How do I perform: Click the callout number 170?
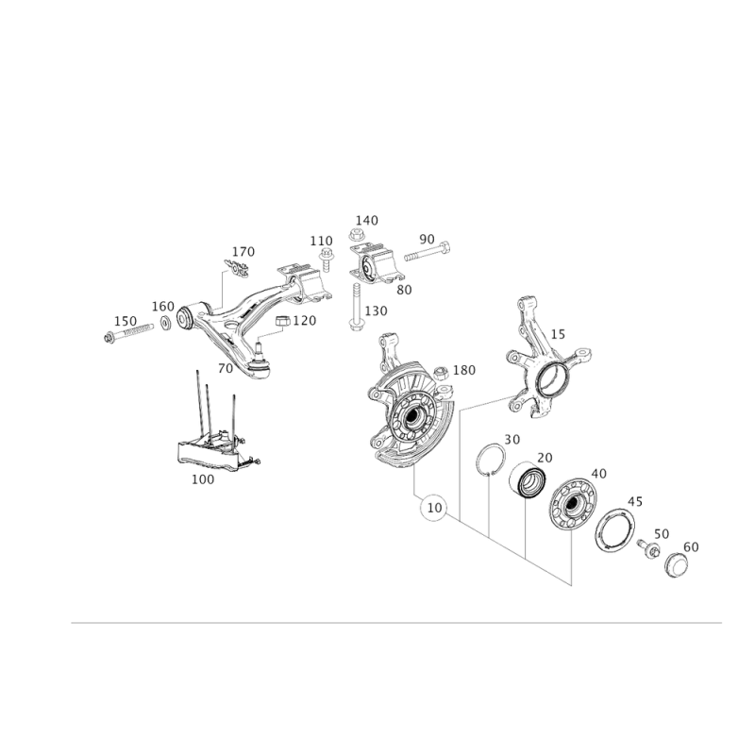243,252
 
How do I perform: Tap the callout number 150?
377,310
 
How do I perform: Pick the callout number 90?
427,239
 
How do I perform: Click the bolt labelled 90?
425,252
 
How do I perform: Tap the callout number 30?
512,438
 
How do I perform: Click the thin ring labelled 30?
490,461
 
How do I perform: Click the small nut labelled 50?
649,548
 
